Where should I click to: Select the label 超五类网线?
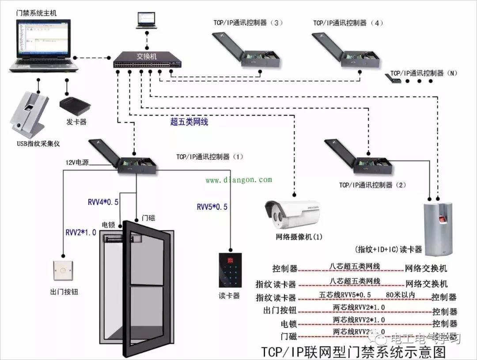(189, 122)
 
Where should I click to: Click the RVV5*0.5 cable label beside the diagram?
(212, 207)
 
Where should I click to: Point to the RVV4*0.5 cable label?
(103, 202)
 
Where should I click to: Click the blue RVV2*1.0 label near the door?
(81, 232)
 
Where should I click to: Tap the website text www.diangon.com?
(239, 180)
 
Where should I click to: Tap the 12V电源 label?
(77, 162)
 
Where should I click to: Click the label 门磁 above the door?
(148, 218)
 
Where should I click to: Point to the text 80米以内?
(400, 295)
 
